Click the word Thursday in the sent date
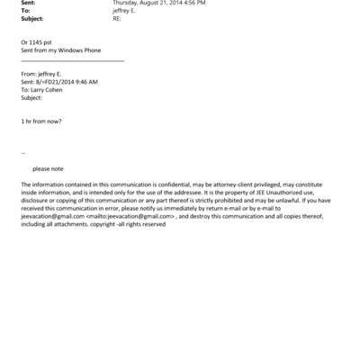pos(127,3)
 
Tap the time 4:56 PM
pos(192,3)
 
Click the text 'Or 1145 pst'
pos(36,43)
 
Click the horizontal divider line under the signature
pos(72,61)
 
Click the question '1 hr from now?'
pos(40,121)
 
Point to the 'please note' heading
pos(48,168)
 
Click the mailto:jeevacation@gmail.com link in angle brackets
pos(130,216)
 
